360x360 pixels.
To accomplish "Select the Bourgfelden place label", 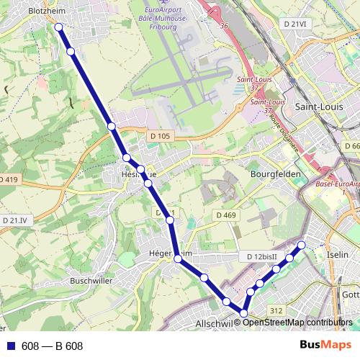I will [273, 174].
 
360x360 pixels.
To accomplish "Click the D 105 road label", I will [161, 136].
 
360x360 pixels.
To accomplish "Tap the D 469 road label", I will [225, 215].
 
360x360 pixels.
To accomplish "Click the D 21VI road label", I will [294, 24].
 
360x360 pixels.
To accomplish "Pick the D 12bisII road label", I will [261, 257].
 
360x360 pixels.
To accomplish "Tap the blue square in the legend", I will [10, 346].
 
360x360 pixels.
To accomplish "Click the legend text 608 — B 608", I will [53, 346].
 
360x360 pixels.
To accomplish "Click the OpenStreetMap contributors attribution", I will [297, 322].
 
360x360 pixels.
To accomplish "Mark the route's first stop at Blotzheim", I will [59, 27].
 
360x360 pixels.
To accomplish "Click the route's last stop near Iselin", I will [302, 246].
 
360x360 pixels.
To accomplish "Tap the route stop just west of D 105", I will [112, 126].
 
